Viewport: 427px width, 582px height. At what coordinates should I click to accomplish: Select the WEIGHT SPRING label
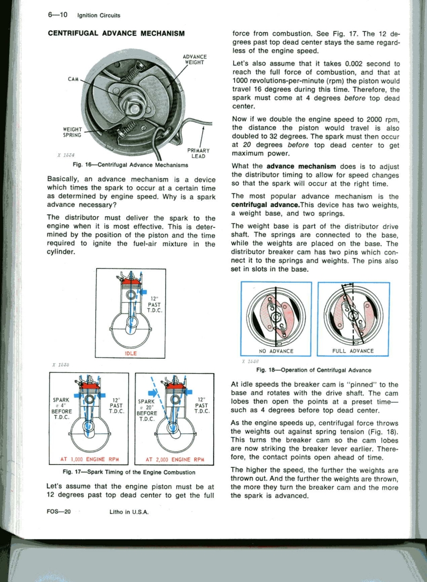click(72, 131)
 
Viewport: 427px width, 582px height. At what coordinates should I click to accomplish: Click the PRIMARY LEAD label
click(199, 153)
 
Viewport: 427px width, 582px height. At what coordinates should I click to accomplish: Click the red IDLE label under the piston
click(131, 353)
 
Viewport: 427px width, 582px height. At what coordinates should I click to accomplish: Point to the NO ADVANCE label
click(276, 351)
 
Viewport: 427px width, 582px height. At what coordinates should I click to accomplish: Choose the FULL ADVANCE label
click(353, 351)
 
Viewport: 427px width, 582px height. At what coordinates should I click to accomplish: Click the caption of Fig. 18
click(314, 370)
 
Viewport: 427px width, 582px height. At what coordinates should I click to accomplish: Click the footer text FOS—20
click(59, 511)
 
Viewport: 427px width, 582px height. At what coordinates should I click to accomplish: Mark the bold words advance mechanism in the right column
click(301, 166)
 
